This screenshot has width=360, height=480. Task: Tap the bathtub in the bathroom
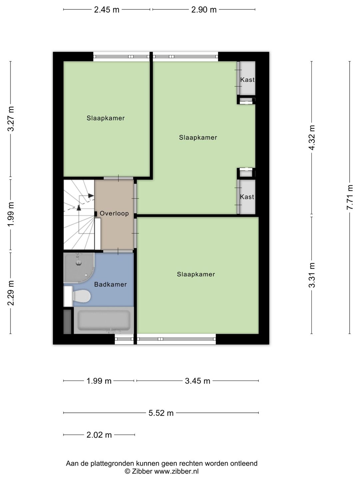click(x=104, y=320)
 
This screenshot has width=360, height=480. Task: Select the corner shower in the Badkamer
click(x=79, y=268)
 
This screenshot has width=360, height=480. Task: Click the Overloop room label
click(x=114, y=213)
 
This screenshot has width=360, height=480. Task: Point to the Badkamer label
click(x=110, y=285)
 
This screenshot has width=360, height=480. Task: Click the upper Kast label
click(x=247, y=80)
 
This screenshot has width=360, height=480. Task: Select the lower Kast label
click(x=247, y=197)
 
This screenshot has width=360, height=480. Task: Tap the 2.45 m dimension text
click(x=107, y=10)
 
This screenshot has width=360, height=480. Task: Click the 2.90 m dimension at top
click(x=204, y=10)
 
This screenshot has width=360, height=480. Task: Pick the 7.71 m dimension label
click(x=350, y=197)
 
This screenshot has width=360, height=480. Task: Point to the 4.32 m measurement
click(x=312, y=138)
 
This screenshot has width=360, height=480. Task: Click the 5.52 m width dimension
click(x=161, y=413)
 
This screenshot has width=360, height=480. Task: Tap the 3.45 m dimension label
click(x=198, y=381)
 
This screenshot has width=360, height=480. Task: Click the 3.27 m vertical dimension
click(x=11, y=119)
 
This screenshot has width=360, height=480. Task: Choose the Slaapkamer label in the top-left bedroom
click(x=106, y=118)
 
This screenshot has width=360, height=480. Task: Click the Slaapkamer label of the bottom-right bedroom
click(x=196, y=274)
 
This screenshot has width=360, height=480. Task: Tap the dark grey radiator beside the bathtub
click(x=67, y=322)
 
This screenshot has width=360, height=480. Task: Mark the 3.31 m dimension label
click(x=312, y=275)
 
